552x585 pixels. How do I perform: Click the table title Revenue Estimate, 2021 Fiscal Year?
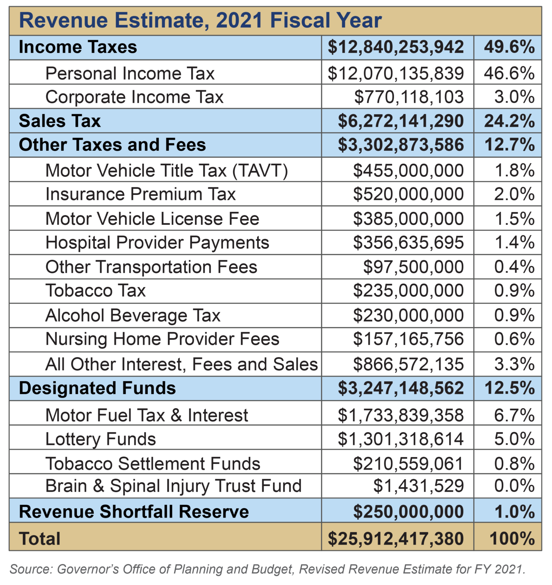(x=200, y=21)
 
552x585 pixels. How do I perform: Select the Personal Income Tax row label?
(x=130, y=73)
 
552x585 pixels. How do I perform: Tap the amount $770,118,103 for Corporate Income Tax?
(x=409, y=97)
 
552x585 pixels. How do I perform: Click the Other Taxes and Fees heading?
(x=112, y=145)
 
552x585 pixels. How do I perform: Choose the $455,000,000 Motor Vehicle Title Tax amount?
(x=408, y=171)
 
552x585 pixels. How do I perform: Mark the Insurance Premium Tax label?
(x=141, y=194)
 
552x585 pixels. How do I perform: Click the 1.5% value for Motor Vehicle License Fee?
(x=514, y=219)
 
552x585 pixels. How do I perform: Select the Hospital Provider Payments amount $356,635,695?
(x=408, y=243)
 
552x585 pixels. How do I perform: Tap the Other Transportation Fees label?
(x=151, y=267)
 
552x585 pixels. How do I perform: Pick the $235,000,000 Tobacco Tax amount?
(x=408, y=291)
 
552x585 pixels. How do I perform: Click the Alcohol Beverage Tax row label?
(x=133, y=316)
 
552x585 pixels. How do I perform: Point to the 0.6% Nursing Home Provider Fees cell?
(x=514, y=339)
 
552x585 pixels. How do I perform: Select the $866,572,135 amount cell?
(x=408, y=364)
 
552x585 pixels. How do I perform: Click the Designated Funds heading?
(x=97, y=388)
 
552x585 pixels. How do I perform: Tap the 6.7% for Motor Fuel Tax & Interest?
(x=514, y=415)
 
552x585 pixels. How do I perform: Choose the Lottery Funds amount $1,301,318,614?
(x=400, y=440)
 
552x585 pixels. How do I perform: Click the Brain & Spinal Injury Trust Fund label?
(x=173, y=486)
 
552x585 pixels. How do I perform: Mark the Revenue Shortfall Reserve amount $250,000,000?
(x=408, y=511)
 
